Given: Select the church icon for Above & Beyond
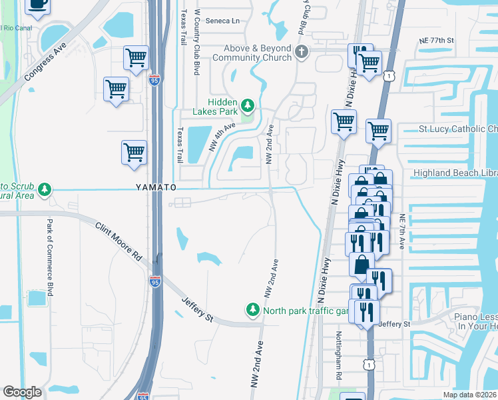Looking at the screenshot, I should (302, 51).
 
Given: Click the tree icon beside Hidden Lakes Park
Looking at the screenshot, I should (248, 105).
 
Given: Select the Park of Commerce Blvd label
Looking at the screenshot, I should (49, 257).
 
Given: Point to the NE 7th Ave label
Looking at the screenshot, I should (401, 232).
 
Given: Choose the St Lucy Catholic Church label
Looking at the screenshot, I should (457, 129).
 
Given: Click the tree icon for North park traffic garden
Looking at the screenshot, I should (252, 310).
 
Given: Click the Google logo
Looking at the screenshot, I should (22, 392).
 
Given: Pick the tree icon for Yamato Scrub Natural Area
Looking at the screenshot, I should (45, 190).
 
